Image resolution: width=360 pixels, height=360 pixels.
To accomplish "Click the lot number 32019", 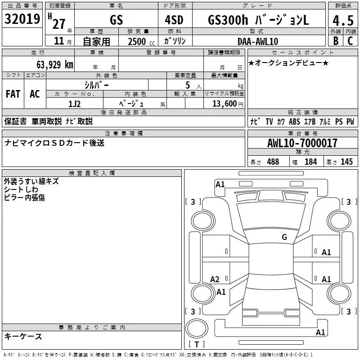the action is [22, 19].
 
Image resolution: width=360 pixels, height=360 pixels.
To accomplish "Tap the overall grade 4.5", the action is [343, 21].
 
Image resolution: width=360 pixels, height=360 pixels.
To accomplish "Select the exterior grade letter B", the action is [336, 41].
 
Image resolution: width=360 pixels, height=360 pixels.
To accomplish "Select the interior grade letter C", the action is [350, 41].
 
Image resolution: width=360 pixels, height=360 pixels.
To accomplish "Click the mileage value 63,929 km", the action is [55, 65].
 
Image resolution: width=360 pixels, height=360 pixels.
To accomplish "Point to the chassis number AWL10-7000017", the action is [302, 143].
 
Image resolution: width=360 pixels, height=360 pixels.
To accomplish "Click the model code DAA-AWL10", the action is [258, 41].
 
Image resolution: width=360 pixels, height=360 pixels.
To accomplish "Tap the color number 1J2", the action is [75, 104].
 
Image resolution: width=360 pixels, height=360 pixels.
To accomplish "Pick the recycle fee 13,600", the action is [224, 103].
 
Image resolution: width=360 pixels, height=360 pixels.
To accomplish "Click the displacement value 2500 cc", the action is [141, 41].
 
